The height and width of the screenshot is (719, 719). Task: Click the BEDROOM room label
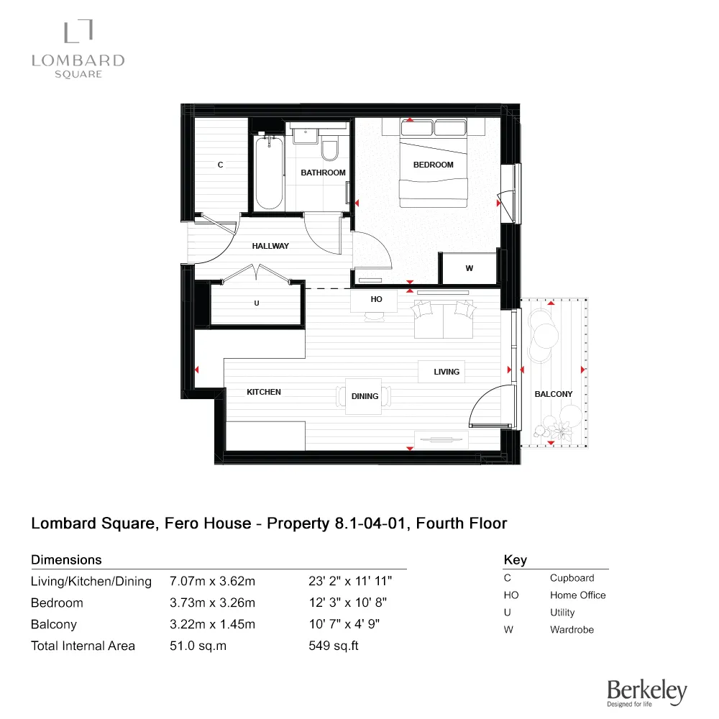[433, 165]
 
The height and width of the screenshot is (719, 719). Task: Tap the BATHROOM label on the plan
[323, 173]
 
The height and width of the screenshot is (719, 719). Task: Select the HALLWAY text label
[270, 246]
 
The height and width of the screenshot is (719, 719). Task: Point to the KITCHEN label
[264, 392]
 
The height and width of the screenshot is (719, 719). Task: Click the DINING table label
[365, 396]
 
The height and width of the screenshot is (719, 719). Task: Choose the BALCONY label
[554, 394]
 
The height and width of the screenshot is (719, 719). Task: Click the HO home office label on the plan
[376, 299]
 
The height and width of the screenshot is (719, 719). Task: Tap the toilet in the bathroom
[331, 150]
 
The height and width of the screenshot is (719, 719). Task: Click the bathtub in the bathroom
[269, 173]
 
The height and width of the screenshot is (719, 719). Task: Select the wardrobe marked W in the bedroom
[470, 268]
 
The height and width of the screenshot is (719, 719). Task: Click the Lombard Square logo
[78, 49]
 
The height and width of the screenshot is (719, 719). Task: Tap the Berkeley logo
[646, 692]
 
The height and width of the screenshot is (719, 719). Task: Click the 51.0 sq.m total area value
[198, 646]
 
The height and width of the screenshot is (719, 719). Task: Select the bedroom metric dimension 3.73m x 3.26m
[212, 603]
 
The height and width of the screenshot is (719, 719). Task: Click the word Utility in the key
[562, 613]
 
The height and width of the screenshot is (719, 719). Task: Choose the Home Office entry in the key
[577, 595]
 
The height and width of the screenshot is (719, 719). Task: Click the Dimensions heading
[66, 559]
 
